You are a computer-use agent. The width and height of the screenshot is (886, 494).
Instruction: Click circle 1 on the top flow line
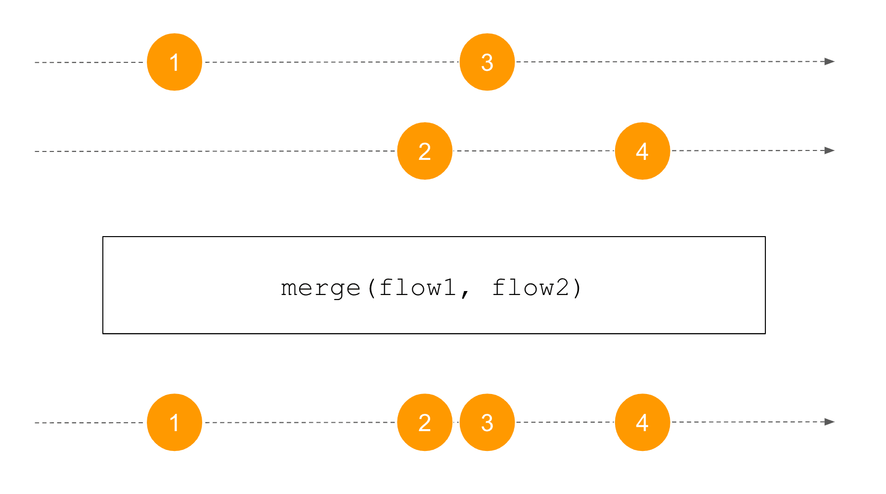click(175, 62)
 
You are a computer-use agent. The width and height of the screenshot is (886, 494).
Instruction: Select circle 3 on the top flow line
click(487, 62)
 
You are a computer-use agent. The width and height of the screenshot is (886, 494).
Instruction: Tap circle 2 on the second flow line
click(425, 151)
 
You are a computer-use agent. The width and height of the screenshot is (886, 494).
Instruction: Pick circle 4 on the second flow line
click(642, 151)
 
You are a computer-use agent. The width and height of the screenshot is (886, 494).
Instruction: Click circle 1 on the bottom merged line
click(175, 422)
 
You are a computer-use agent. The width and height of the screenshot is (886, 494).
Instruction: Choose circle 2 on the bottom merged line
click(425, 422)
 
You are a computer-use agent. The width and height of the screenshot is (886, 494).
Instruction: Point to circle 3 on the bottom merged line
click(487, 422)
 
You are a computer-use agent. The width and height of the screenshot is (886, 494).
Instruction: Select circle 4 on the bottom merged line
click(642, 422)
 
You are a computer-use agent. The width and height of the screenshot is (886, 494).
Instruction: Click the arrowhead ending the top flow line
click(830, 61)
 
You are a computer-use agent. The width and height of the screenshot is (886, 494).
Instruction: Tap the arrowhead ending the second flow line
click(830, 150)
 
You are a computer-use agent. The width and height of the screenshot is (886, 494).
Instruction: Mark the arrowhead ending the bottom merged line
click(830, 422)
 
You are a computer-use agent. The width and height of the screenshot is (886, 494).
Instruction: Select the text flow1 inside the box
click(418, 287)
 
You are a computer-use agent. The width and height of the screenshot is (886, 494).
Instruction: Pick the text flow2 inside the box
click(531, 287)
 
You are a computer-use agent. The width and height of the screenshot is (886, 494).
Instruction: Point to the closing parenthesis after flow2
click(577, 288)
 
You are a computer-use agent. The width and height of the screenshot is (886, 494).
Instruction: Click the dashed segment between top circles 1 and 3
click(331, 62)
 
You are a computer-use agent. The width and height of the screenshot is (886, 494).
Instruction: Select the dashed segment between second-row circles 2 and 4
click(533, 150)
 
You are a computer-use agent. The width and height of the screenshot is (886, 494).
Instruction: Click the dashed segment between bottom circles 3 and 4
click(565, 422)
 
